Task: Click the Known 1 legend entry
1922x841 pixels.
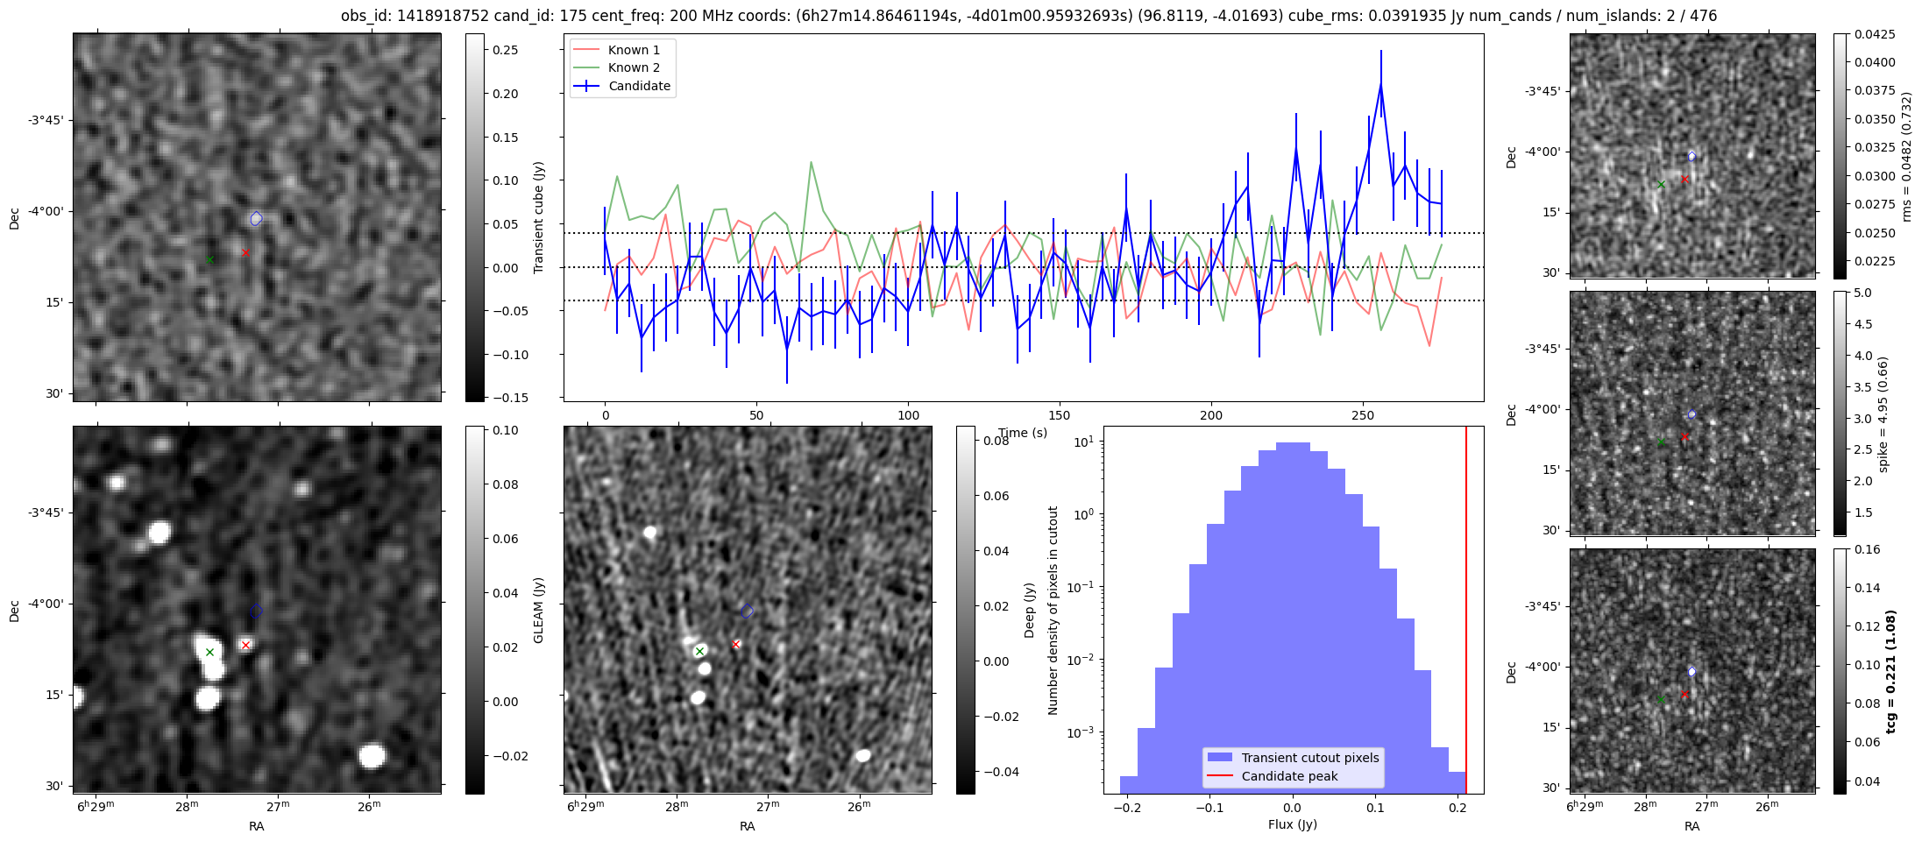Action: (634, 50)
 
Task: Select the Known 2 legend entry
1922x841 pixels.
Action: (634, 67)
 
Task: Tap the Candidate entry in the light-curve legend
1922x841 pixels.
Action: (639, 86)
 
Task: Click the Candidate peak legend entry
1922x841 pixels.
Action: (1289, 776)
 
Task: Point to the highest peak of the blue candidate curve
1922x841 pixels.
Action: (1380, 84)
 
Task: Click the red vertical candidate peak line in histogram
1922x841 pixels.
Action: (1466, 613)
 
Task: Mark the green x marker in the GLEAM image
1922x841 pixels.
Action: (209, 652)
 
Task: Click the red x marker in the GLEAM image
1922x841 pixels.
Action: (246, 645)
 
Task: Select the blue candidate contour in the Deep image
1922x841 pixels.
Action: (747, 611)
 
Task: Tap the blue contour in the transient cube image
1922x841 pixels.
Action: (256, 218)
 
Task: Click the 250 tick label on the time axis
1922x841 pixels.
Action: (1362, 415)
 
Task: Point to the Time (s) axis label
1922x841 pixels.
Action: (1023, 433)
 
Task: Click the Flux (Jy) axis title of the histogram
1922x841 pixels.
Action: (1292, 824)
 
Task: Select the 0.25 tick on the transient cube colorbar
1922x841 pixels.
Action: (505, 50)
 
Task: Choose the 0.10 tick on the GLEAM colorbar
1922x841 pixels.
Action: (506, 430)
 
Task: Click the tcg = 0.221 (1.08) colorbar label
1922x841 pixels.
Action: (1891, 671)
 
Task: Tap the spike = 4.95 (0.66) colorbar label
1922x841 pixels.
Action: (1883, 413)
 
